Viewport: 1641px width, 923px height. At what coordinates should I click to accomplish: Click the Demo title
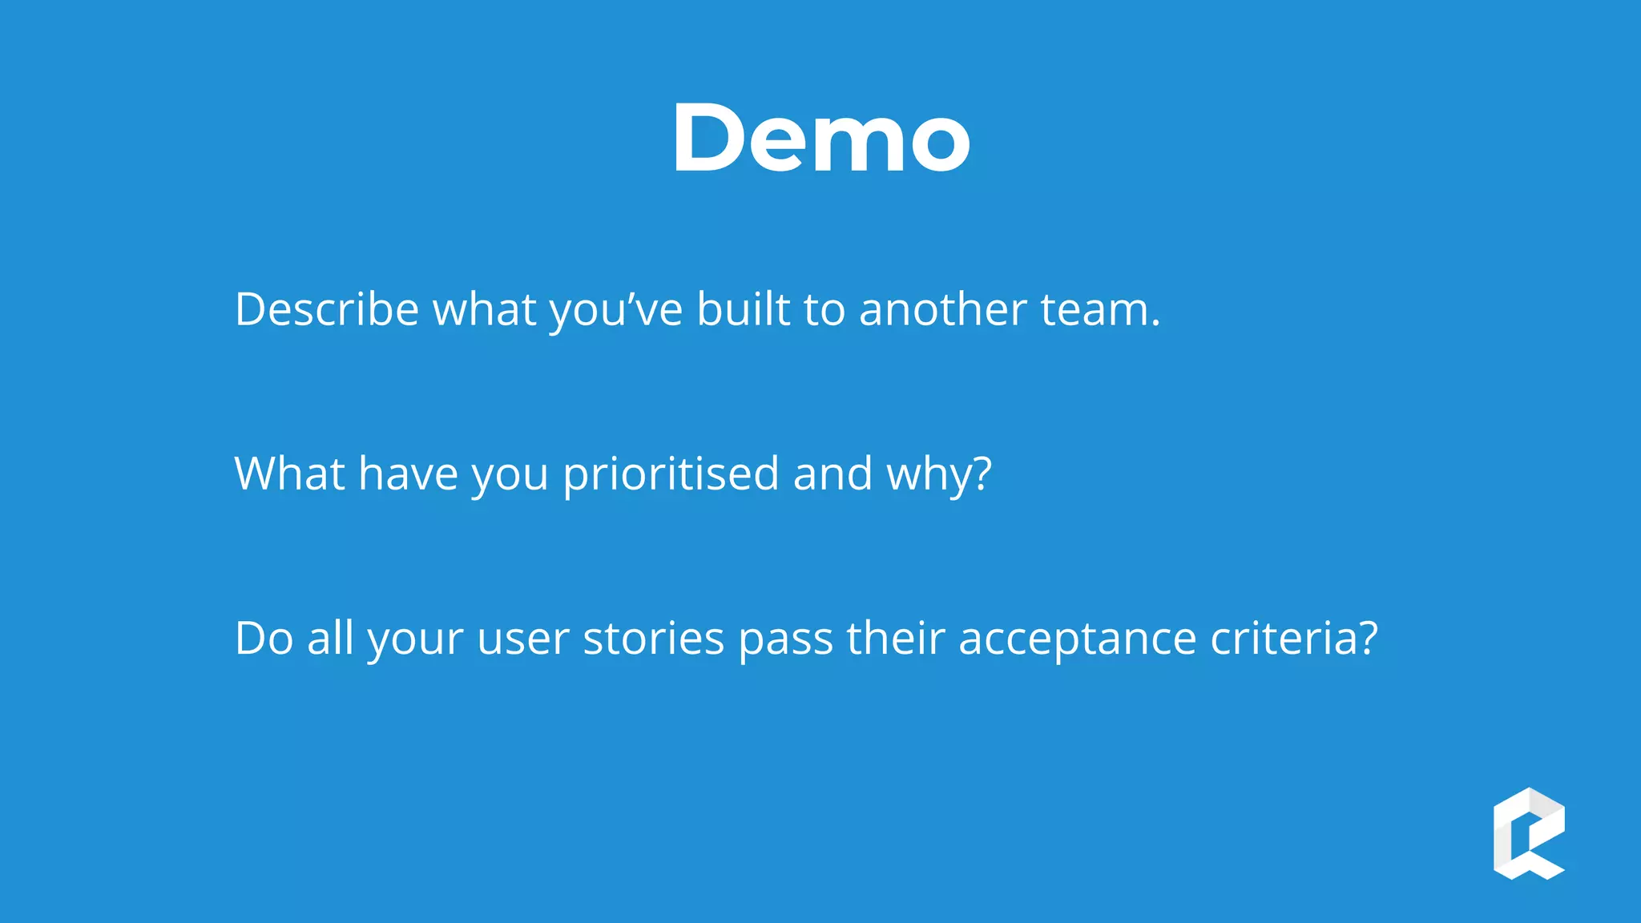(x=820, y=138)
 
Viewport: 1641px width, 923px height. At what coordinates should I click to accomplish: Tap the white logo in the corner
(x=1529, y=833)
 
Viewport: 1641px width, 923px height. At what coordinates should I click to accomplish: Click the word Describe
(x=327, y=309)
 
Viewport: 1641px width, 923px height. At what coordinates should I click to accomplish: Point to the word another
(x=942, y=309)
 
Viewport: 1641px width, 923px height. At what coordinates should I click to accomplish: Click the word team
(x=1099, y=309)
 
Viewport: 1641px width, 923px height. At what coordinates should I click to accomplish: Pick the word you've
(x=616, y=309)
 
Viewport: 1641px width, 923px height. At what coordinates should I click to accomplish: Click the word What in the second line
(x=289, y=474)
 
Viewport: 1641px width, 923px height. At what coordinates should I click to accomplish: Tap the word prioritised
(x=671, y=474)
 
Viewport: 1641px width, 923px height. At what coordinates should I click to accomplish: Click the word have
(x=408, y=474)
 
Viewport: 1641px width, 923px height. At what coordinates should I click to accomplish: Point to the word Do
(x=264, y=639)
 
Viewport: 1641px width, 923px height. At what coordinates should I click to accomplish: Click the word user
(x=522, y=639)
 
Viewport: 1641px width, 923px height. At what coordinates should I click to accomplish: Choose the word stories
(x=653, y=639)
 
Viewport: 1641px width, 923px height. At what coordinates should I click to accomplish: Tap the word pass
(x=785, y=639)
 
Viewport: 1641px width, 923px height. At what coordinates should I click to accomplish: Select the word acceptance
(x=1077, y=639)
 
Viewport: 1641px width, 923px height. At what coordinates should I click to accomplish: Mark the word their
(x=896, y=639)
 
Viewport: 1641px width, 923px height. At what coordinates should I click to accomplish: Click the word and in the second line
(x=833, y=474)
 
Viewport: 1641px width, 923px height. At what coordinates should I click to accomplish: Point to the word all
(x=331, y=639)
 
